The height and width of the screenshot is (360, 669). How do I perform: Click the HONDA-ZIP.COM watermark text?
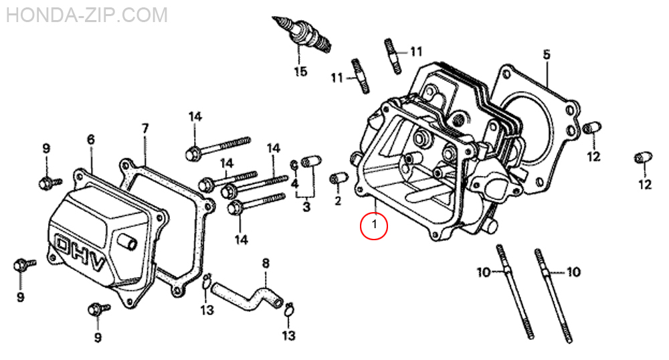point(87,14)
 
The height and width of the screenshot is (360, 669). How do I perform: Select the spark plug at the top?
point(304,36)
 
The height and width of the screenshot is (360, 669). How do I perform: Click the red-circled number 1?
point(375,226)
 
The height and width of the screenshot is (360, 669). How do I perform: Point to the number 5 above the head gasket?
point(547,54)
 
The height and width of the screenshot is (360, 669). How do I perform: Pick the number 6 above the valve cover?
point(91,139)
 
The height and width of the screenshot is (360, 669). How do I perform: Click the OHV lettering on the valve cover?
point(80,254)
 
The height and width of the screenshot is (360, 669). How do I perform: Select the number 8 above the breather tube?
point(266,263)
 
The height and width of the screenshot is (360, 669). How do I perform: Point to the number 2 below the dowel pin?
point(337,200)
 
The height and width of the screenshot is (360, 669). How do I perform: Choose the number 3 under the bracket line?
point(306,207)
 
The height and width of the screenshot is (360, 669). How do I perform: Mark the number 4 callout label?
point(295,182)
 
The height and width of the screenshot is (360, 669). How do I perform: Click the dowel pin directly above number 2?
point(337,179)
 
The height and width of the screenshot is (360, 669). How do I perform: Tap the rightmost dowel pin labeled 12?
point(643,158)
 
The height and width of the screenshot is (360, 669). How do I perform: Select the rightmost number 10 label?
point(573,272)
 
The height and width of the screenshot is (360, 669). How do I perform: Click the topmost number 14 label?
point(195,116)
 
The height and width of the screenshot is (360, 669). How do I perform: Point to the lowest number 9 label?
point(98,338)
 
